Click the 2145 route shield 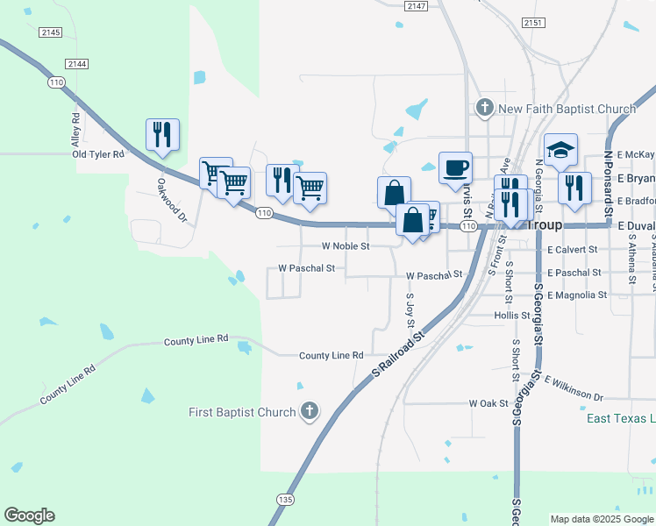(51, 32)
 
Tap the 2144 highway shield (77, 63)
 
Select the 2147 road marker (417, 6)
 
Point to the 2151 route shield (532, 22)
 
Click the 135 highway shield (284, 499)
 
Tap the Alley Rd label (76, 130)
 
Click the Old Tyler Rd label (98, 154)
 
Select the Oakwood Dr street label (172, 200)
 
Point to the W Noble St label (346, 246)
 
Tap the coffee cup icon (455, 167)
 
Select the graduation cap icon (560, 150)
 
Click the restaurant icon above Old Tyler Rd (162, 134)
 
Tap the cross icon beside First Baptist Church (309, 410)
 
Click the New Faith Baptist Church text (567, 109)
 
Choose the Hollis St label (512, 315)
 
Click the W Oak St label (488, 403)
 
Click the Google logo (29, 515)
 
